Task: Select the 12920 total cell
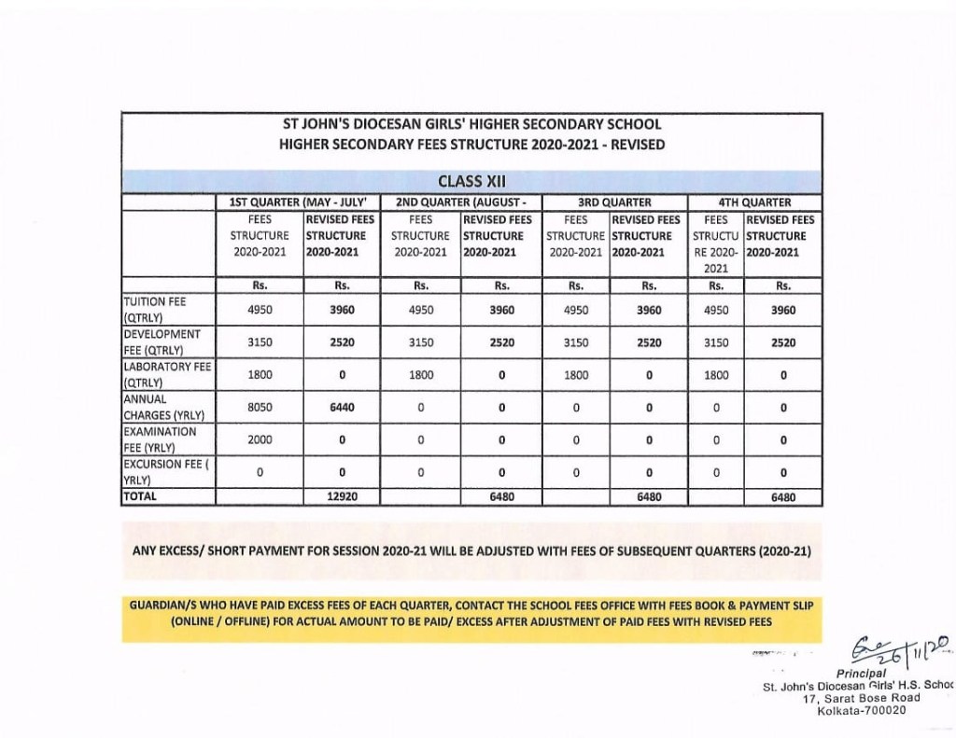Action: [x=343, y=497]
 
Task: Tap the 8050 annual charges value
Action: [x=260, y=408]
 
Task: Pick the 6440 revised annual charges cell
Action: [x=343, y=408]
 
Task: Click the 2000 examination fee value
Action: [x=260, y=439]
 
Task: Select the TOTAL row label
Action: [x=141, y=497]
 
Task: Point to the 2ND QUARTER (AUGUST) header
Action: [x=462, y=202]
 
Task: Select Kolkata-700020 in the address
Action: [x=855, y=711]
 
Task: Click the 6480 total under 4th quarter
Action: [x=783, y=497]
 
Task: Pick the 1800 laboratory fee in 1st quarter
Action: [x=260, y=375]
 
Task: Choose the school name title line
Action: [x=471, y=124]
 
